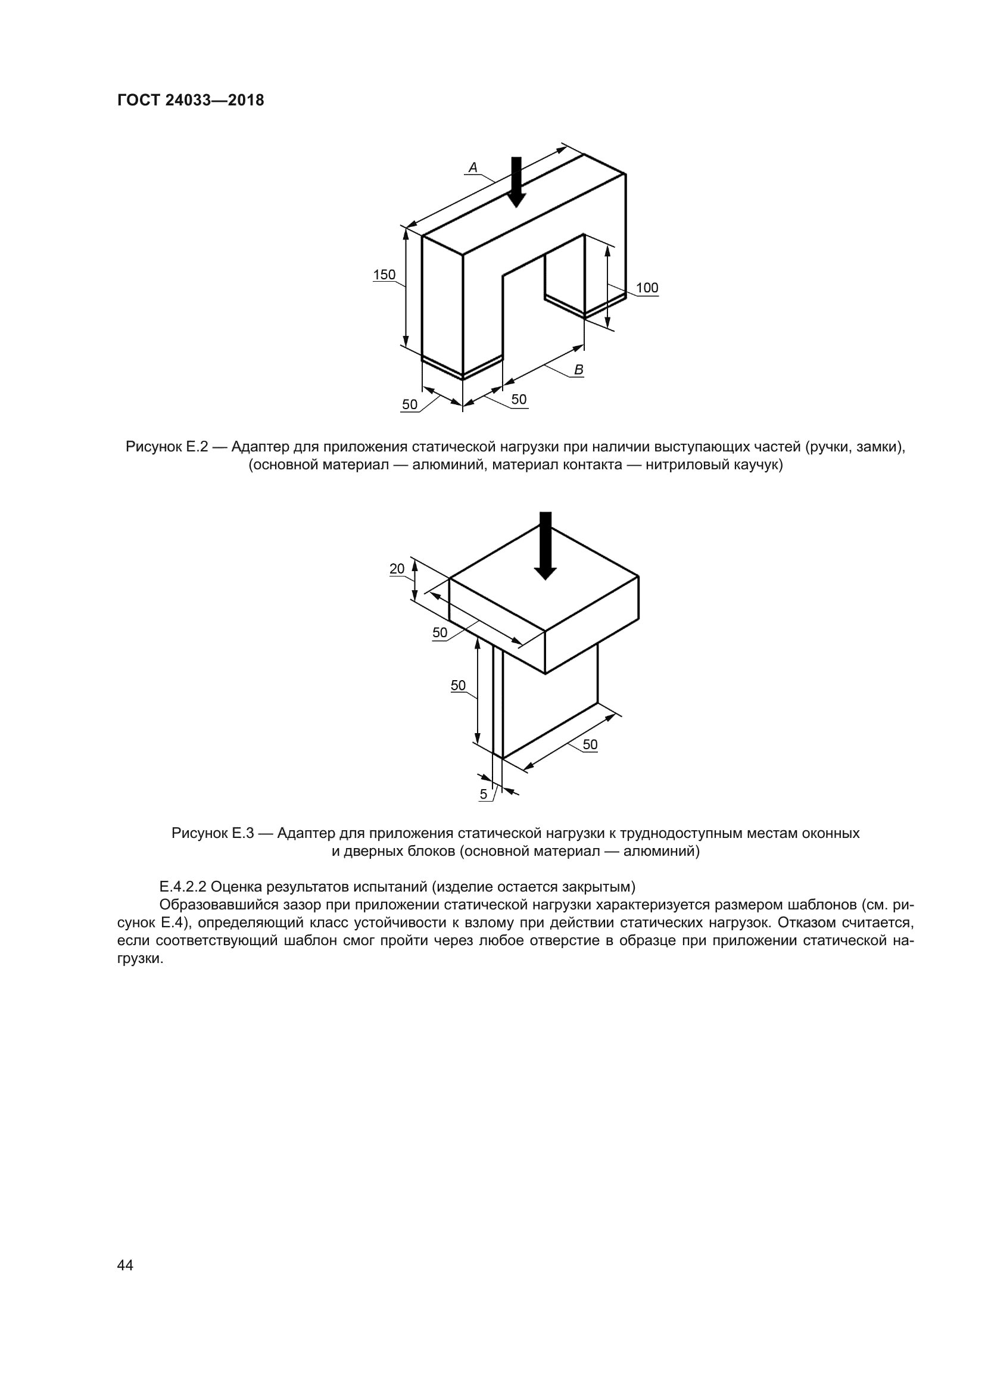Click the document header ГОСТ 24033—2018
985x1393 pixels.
[191, 100]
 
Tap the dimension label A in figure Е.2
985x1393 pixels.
[473, 167]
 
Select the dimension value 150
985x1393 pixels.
[384, 275]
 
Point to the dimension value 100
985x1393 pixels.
[647, 288]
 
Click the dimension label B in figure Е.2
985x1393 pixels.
[579, 369]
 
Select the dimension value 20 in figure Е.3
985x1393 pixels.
[397, 569]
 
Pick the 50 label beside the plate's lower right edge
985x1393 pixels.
[590, 744]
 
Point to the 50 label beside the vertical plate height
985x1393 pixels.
[458, 685]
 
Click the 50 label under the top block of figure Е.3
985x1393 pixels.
[439, 633]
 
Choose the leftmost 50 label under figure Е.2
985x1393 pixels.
[410, 404]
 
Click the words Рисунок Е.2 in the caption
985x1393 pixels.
[167, 447]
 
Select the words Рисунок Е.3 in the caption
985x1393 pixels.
[212, 833]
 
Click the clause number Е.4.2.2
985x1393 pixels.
[182, 887]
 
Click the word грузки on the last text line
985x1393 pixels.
[139, 959]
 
